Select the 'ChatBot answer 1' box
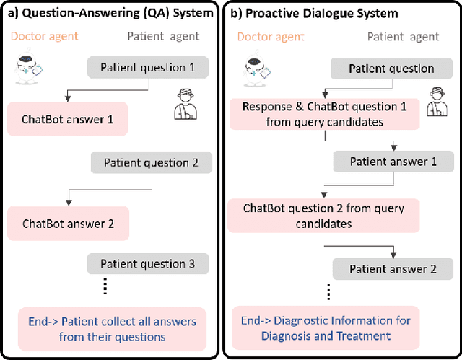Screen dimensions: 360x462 pos(68,119)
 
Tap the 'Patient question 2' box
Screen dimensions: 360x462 pos(151,163)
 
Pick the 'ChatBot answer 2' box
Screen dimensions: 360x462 pos(68,224)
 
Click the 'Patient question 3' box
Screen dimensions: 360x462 pos(147,264)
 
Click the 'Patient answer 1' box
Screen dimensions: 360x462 pos(393,162)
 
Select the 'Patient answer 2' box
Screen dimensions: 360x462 pos(393,269)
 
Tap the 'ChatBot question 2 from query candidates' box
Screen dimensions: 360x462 pos(323,216)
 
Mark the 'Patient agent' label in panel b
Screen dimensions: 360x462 pos(403,36)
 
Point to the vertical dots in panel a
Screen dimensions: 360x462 pos(106,286)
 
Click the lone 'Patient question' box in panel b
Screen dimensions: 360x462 pos(391,69)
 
